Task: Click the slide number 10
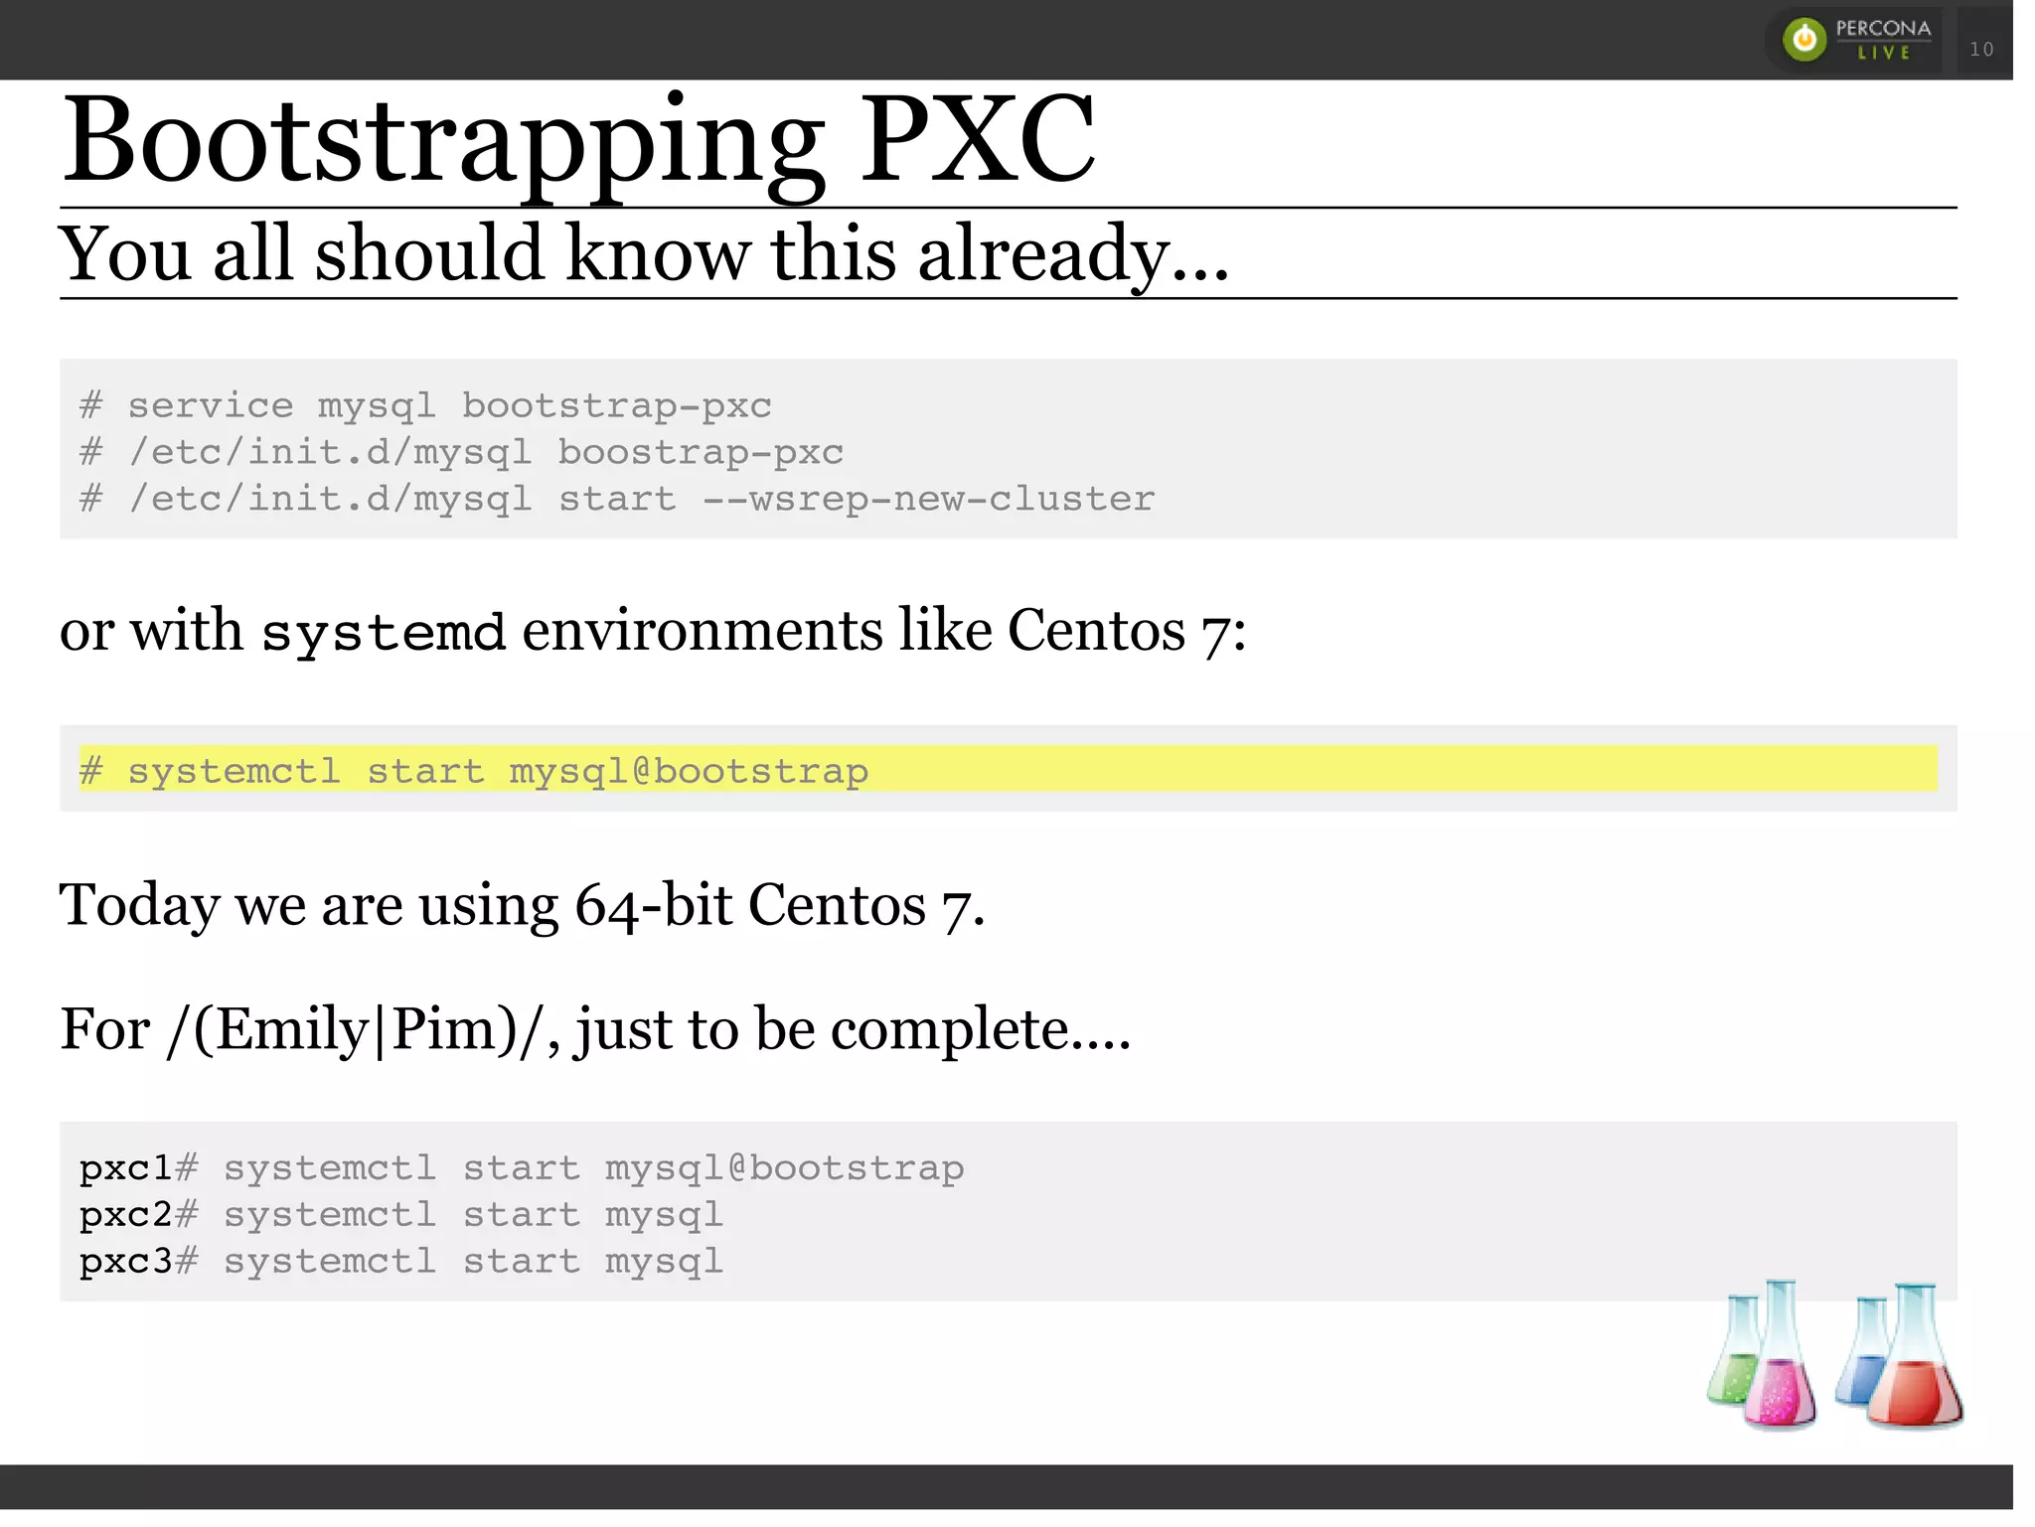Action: click(x=1981, y=49)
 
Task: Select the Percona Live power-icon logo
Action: click(x=1804, y=40)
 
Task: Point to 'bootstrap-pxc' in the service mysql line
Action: click(x=616, y=405)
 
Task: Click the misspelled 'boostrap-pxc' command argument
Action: click(x=700, y=452)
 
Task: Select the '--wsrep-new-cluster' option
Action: click(x=928, y=499)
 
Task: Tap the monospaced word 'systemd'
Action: click(x=383, y=633)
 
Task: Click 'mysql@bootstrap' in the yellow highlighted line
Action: click(x=688, y=771)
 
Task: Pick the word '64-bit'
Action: click(x=653, y=905)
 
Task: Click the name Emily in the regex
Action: click(x=292, y=1029)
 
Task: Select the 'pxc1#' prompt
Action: click(x=138, y=1168)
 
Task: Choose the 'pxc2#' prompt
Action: click(x=138, y=1215)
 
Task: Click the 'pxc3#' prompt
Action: click(x=138, y=1262)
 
